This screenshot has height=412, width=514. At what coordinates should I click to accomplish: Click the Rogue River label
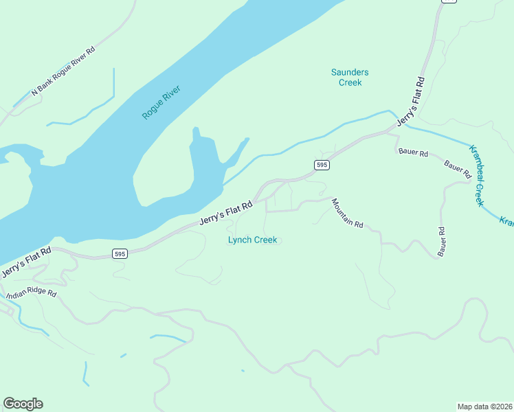pos(161,102)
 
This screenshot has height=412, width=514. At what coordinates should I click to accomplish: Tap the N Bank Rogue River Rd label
pos(63,71)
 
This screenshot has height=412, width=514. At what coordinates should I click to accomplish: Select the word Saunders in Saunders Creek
pos(350,72)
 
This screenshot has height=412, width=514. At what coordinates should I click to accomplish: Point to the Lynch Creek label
pos(252,240)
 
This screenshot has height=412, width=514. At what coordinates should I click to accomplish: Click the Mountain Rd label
pos(347,213)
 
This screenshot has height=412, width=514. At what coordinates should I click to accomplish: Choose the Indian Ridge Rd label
pos(31,295)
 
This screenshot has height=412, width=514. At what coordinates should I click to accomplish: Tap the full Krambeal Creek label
pos(477,176)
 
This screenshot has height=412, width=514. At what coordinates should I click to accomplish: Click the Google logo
pos(23,404)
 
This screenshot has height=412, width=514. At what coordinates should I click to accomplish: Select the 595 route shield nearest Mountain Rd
pos(322,165)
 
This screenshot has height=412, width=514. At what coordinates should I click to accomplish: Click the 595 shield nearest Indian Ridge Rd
pos(120,254)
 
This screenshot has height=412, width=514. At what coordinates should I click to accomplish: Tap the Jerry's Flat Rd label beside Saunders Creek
pos(412,101)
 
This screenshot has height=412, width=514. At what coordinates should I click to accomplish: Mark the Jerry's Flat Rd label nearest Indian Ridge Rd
pos(26,262)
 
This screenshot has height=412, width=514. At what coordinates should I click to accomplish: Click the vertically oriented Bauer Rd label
pos(442,242)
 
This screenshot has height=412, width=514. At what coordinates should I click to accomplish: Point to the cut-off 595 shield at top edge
pos(449,2)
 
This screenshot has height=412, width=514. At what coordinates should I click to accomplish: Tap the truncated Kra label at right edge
pos(506,222)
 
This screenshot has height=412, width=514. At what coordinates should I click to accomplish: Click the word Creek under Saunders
pos(350,82)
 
